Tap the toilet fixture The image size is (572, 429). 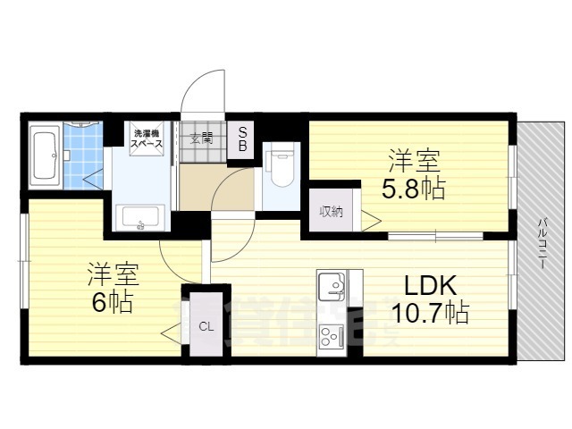coord(280,166)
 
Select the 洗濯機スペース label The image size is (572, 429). coord(147,139)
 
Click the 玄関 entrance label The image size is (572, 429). coord(202,139)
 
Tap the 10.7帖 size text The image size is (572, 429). coord(430,313)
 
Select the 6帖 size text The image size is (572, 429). coord(111,302)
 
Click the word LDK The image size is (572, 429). coord(431,285)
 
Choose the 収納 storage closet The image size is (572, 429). coord(332,212)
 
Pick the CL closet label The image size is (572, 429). coord(206,326)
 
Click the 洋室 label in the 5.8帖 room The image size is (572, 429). coord(414,162)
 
